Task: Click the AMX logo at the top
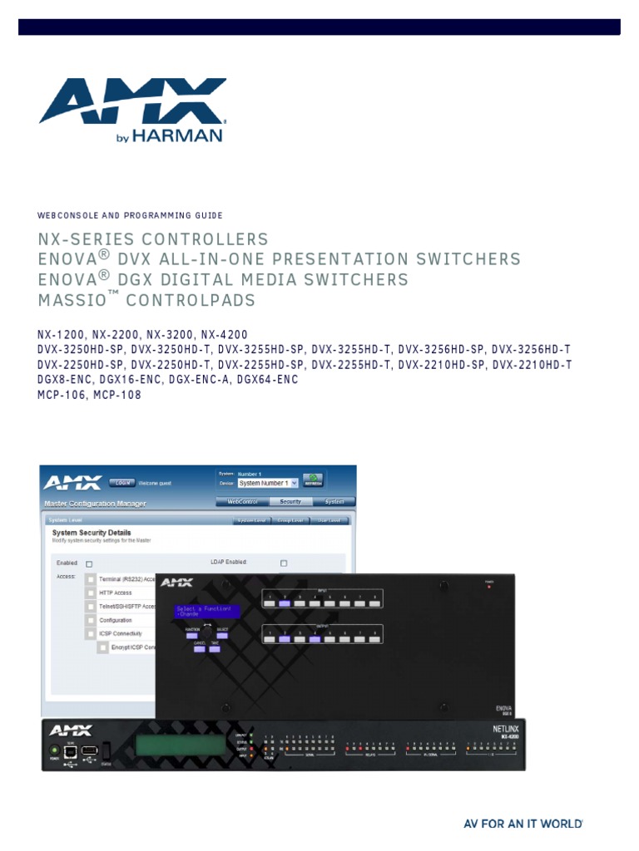point(133,101)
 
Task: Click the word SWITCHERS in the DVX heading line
point(468,259)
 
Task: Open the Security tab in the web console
point(290,502)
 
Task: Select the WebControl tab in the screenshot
point(242,502)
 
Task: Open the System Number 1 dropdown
point(266,483)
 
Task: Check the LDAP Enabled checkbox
point(284,563)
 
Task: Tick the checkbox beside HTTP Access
point(90,593)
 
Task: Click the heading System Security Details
point(92,533)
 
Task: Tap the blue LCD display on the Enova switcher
point(207,612)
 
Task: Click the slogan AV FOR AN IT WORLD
point(523,824)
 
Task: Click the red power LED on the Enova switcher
point(489,587)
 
